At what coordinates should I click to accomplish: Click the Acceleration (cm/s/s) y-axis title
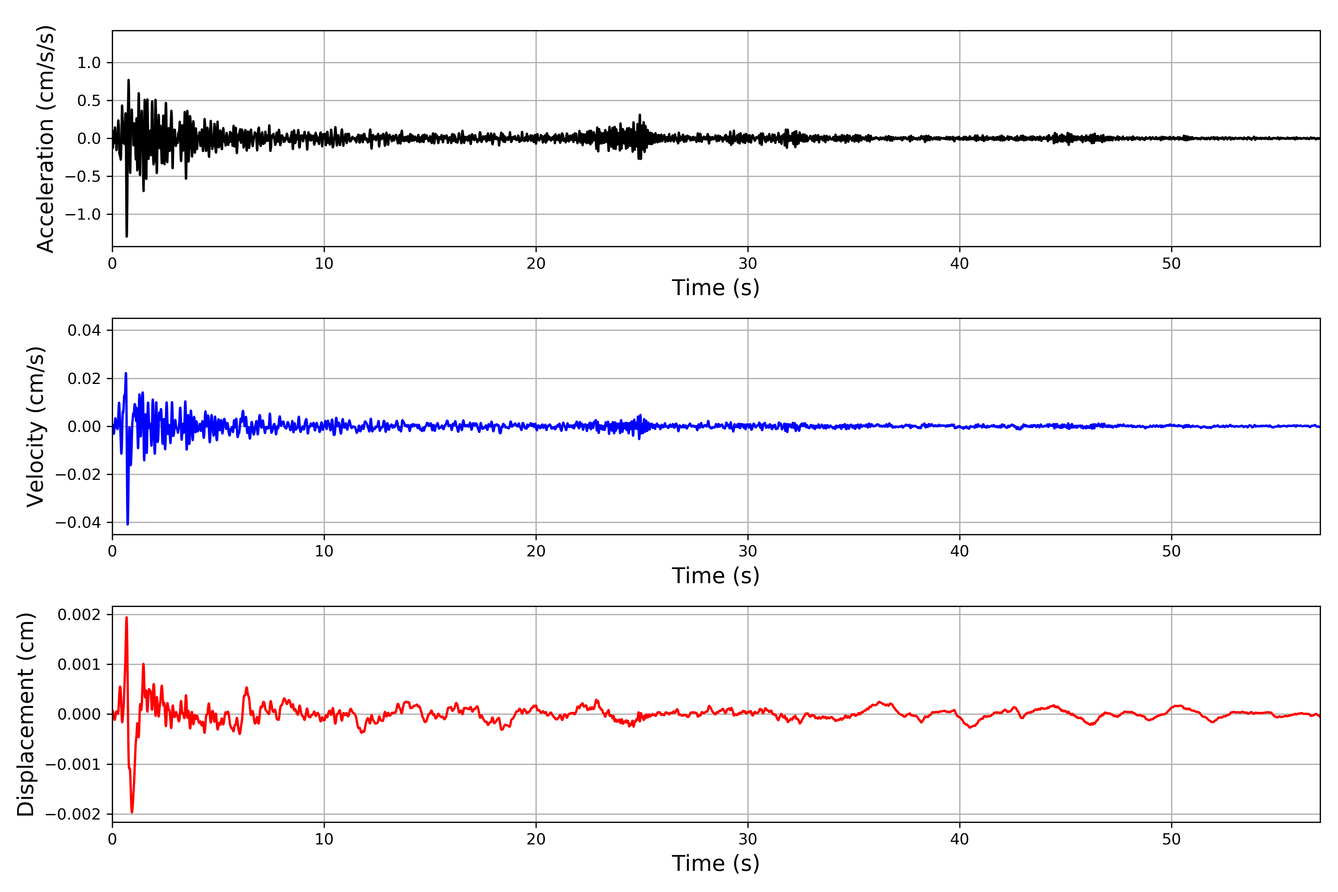[45, 138]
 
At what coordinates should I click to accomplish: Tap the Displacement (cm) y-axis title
[26, 714]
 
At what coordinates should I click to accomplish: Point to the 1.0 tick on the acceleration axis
[89, 62]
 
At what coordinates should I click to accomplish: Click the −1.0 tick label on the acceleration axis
[83, 214]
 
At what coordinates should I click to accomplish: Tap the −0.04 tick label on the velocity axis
[78, 522]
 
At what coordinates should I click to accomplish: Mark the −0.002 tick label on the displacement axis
[73, 814]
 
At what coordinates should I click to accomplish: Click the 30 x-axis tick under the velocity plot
[747, 551]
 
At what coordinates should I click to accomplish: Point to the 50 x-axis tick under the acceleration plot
[1171, 264]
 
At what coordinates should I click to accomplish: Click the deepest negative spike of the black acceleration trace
[126, 236]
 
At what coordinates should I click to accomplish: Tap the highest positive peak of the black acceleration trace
[129, 80]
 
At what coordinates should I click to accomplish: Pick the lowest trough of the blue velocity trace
[127, 523]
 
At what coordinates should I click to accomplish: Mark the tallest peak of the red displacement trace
[126, 618]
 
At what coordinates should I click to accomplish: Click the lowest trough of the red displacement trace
[132, 812]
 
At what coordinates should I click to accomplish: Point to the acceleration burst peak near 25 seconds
[639, 115]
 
